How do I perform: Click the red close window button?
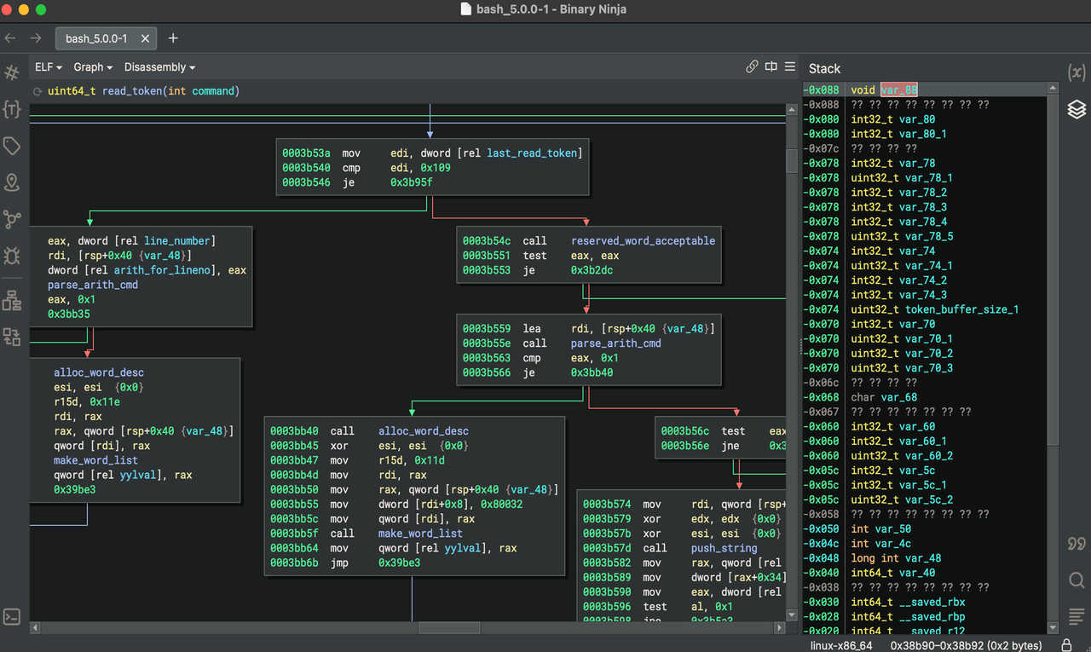pyautogui.click(x=6, y=9)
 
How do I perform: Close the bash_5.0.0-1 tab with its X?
pyautogui.click(x=145, y=38)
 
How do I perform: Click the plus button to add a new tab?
pyautogui.click(x=173, y=38)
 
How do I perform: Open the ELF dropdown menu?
pyautogui.click(x=49, y=67)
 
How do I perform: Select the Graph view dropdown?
pyautogui.click(x=93, y=67)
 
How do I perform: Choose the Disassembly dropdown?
pyautogui.click(x=159, y=67)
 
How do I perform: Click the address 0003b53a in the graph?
pyautogui.click(x=306, y=153)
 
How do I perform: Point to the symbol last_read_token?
pyautogui.click(x=532, y=153)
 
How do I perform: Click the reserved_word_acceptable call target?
pyautogui.click(x=643, y=240)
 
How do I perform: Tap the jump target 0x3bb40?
pyautogui.click(x=592, y=372)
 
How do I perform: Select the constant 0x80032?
pyautogui.click(x=501, y=504)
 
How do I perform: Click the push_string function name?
pyautogui.click(x=724, y=548)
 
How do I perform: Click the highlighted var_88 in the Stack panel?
pyautogui.click(x=898, y=89)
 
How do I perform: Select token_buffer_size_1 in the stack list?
pyautogui.click(x=961, y=309)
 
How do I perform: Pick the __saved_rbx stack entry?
pyautogui.click(x=932, y=602)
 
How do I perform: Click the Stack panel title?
pyautogui.click(x=824, y=69)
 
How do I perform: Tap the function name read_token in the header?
pyautogui.click(x=132, y=91)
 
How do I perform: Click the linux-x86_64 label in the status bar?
pyautogui.click(x=841, y=645)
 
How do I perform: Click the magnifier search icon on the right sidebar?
pyautogui.click(x=1077, y=580)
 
